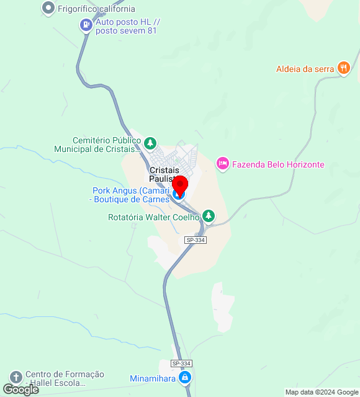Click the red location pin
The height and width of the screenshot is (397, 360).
click(179, 185)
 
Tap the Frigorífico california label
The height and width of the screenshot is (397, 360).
click(96, 9)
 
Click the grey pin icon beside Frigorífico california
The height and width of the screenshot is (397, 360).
click(48, 9)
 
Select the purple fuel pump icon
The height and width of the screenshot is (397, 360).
click(86, 25)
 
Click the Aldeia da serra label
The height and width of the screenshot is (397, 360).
click(305, 69)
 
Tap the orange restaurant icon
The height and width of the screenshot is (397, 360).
click(343, 68)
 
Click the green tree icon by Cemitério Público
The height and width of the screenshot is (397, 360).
click(150, 144)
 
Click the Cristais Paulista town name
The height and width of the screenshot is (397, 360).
click(164, 174)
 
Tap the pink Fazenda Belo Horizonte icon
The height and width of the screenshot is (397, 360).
click(222, 164)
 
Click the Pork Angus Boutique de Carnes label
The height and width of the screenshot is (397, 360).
click(131, 195)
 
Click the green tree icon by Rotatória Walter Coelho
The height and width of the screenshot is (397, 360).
click(209, 216)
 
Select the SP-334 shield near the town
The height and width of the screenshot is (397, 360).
click(196, 239)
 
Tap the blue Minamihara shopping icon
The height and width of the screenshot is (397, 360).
click(184, 377)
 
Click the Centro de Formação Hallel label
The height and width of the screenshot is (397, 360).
click(65, 379)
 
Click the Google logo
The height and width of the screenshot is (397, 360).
click(21, 389)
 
